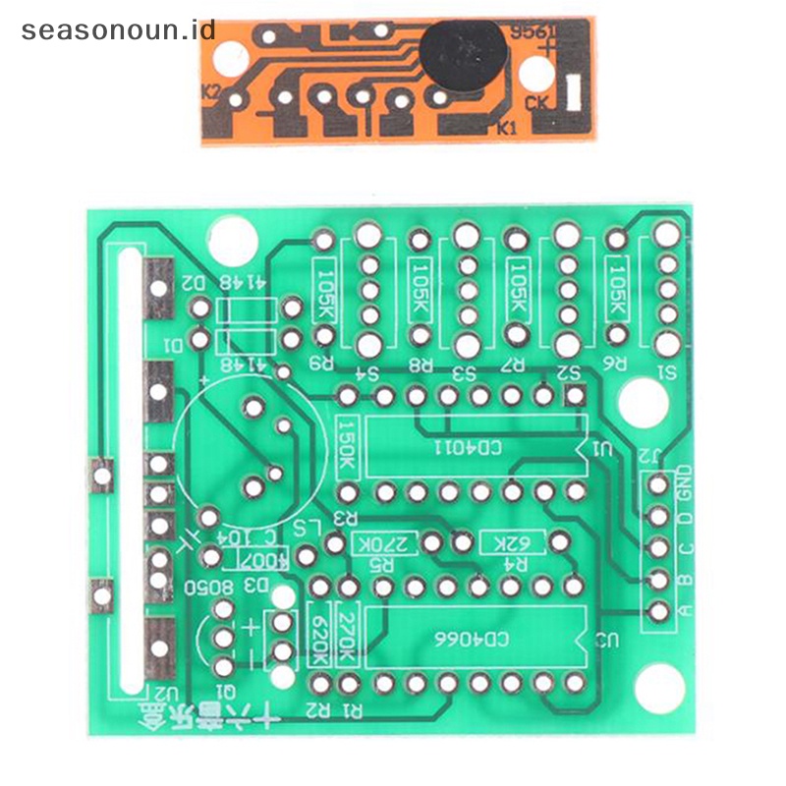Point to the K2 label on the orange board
[211, 93]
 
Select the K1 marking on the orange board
[507, 127]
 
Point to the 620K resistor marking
[320, 633]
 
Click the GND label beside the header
[685, 480]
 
